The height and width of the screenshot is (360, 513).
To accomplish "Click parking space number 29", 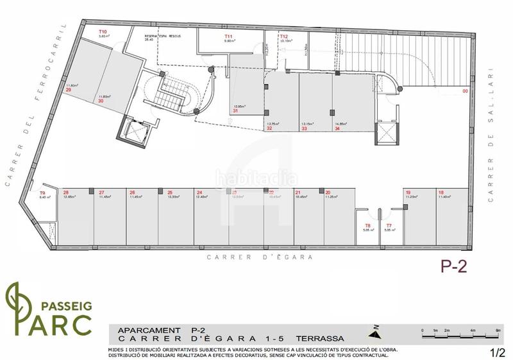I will pos(68,90).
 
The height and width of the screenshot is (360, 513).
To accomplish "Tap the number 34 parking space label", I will pos(337,128).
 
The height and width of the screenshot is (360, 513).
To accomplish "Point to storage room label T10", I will pos(102,31).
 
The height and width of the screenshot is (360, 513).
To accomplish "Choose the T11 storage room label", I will pos(228,37).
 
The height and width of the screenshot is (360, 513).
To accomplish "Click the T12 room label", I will pos(283,37).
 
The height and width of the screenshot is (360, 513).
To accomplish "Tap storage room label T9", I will pos(42,193).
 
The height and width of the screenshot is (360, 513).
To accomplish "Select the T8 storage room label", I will pos(367,225).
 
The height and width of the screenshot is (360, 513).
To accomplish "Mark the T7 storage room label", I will pos(389,225).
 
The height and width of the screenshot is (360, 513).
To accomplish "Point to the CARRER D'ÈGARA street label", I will pos(260,257).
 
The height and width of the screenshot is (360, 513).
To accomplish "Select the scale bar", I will pos(459,332).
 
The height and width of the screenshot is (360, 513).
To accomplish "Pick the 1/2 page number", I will pos(498,352).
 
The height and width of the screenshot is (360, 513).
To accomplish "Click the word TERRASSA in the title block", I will pos(320,338).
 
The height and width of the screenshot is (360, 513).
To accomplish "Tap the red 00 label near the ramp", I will pos(465,91).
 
